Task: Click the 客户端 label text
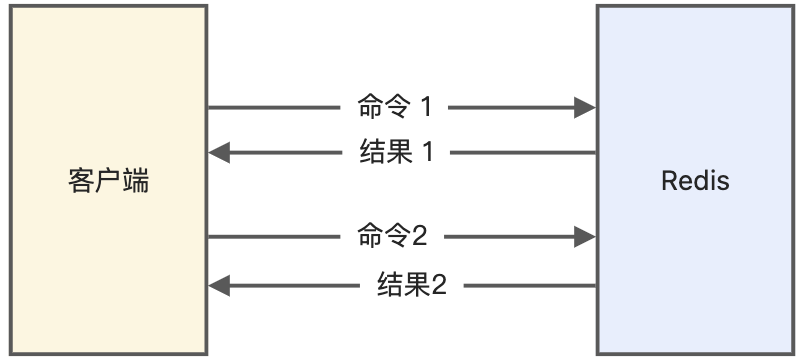(x=109, y=182)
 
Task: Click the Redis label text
(x=695, y=182)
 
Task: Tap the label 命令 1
(x=396, y=107)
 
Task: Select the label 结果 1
(x=396, y=153)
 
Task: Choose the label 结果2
(x=412, y=286)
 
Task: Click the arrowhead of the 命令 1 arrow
(x=586, y=107)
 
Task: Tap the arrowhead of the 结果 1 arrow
(x=219, y=153)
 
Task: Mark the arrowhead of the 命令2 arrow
(x=586, y=237)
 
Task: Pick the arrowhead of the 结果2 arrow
(x=219, y=286)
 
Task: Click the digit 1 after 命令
(x=428, y=107)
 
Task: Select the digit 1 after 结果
(x=428, y=153)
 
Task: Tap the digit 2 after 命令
(x=420, y=237)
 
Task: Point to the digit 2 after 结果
(x=438, y=286)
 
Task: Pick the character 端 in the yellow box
(x=136, y=182)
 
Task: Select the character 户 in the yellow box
(x=109, y=182)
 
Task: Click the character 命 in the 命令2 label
(x=368, y=237)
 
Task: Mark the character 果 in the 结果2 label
(x=415, y=286)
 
